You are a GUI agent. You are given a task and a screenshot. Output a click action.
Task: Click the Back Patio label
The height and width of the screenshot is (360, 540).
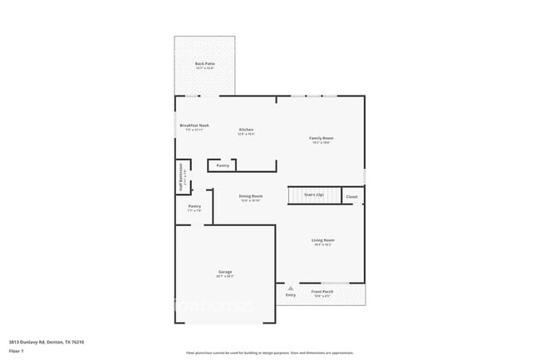204,64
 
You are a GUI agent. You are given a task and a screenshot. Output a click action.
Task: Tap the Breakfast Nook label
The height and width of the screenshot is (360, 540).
194,126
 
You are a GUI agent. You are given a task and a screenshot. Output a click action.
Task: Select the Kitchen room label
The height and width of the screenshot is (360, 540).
246,129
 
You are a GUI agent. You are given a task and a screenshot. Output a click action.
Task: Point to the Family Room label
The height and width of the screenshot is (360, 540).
322,137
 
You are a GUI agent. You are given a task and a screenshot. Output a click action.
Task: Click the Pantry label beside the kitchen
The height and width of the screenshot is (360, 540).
223,165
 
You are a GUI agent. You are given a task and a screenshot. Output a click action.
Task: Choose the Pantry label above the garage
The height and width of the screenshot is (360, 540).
194,206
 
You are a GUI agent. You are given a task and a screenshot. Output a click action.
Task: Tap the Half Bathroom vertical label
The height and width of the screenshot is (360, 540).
180,176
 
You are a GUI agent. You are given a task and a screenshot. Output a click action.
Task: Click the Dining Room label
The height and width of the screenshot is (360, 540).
251,196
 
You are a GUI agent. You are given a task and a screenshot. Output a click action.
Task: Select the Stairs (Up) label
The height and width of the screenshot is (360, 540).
314,195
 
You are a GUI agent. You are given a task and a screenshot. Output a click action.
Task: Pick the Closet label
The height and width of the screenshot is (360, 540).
351,197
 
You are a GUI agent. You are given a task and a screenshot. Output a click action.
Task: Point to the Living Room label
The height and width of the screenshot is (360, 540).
323,239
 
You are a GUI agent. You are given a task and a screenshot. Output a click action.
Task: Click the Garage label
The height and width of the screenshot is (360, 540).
225,272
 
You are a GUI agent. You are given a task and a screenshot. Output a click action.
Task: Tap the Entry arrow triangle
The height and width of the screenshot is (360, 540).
291,288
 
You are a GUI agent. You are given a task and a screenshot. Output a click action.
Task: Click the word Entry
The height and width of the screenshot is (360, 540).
291,295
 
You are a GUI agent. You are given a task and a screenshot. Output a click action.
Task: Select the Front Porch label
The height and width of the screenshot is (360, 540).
322,292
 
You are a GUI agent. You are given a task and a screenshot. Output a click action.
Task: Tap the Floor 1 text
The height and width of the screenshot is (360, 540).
17,352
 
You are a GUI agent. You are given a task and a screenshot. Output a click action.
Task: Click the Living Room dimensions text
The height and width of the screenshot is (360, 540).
323,244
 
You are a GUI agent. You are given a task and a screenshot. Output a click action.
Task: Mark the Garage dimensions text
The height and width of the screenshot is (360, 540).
225,277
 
